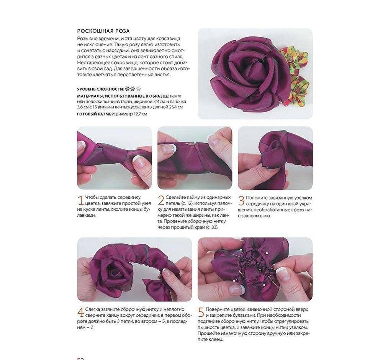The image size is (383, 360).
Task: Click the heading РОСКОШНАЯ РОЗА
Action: [x=103, y=31]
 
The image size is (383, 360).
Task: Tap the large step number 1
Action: [x=80, y=200]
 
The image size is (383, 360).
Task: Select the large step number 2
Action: [x=161, y=200]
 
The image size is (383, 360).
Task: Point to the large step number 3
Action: [x=241, y=201]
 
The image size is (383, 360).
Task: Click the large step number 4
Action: [x=81, y=313]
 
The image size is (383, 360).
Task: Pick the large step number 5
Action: [x=201, y=313]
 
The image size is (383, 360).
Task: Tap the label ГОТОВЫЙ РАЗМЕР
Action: [x=96, y=114]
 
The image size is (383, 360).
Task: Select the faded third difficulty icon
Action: [x=139, y=88]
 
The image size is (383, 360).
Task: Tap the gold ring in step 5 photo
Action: [x=310, y=284]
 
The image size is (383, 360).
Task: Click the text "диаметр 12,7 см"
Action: [x=131, y=114]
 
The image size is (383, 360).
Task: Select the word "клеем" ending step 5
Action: [x=215, y=339]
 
